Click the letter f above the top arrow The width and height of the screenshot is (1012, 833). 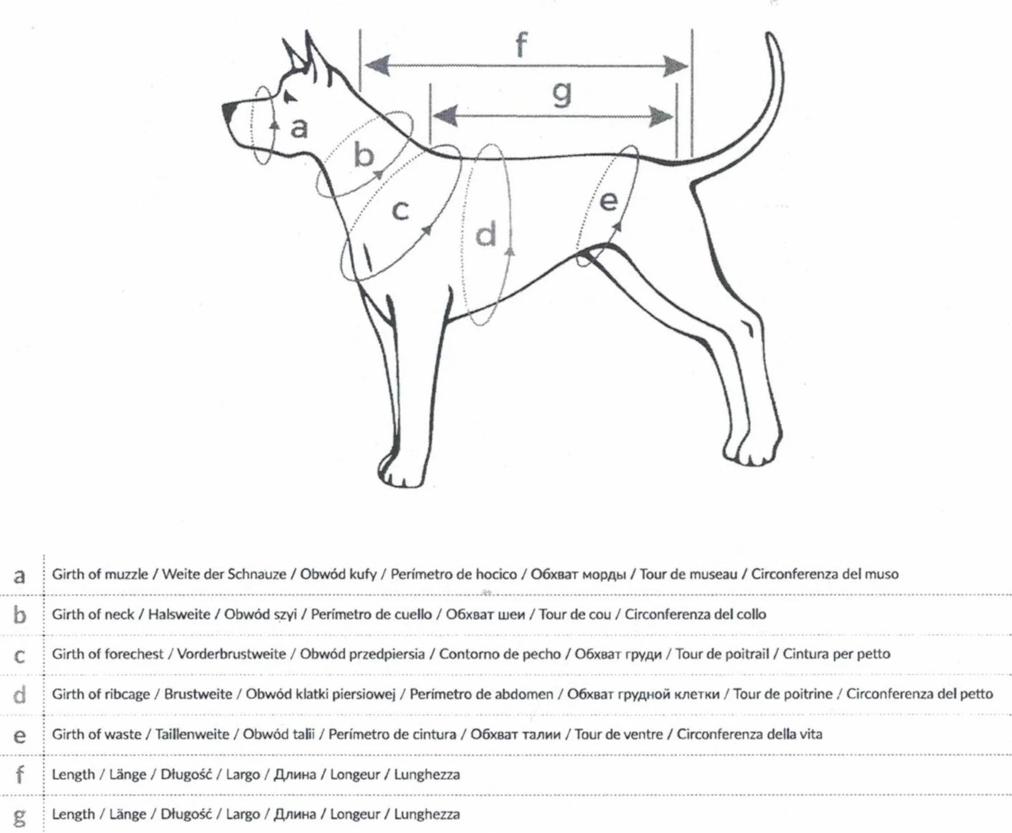[x=521, y=45]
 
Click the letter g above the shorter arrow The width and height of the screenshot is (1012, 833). [x=561, y=93]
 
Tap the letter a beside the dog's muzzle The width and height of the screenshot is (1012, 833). [x=299, y=127]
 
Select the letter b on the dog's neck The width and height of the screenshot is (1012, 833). [x=364, y=155]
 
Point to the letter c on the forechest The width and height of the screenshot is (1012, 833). [x=401, y=210]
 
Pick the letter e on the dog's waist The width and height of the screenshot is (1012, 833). [x=608, y=201]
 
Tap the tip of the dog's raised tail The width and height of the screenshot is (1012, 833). [x=771, y=37]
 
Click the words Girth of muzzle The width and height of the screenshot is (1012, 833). [x=99, y=574]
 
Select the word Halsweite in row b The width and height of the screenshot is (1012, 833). [x=179, y=614]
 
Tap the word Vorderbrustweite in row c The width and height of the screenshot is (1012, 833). [x=231, y=654]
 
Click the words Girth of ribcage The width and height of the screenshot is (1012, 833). [x=101, y=694]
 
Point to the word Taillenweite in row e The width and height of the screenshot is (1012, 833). [x=192, y=734]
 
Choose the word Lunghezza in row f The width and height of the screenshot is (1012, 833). [x=426, y=775]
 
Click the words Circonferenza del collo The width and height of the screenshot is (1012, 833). [x=695, y=614]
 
